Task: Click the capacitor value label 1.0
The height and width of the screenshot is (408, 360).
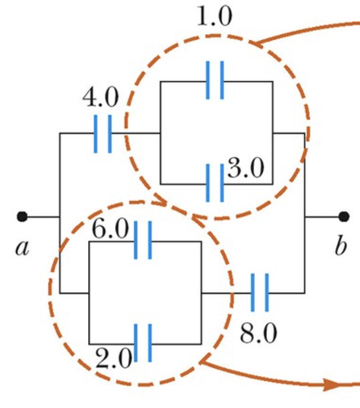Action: [x=215, y=16]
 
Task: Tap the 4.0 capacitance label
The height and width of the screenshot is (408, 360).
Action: [x=100, y=97]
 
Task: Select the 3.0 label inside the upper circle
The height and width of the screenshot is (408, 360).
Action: [x=246, y=168]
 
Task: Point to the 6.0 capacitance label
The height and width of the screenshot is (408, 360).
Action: [x=110, y=229]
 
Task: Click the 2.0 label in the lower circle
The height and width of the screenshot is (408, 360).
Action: [x=114, y=358]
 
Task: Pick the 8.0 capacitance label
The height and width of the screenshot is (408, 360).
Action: [x=259, y=333]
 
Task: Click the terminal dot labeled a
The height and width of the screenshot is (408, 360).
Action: [x=22, y=217]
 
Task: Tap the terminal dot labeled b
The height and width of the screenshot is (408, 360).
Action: [x=344, y=217]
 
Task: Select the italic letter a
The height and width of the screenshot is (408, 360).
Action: [x=22, y=248]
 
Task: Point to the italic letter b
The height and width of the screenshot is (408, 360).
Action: [x=340, y=246]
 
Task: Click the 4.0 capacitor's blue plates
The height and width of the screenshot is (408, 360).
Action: [x=103, y=134]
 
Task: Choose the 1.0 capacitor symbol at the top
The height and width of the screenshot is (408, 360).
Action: [x=215, y=80]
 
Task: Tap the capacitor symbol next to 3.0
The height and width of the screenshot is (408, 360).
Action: [x=215, y=183]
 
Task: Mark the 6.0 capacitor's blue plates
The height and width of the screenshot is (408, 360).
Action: [x=143, y=240]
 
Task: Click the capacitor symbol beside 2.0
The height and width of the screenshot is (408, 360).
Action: [x=143, y=343]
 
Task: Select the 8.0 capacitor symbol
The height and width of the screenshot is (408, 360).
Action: [x=260, y=293]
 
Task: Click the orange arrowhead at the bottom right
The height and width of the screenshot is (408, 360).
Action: [x=331, y=385]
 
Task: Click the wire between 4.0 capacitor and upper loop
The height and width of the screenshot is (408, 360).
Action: [x=136, y=133]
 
